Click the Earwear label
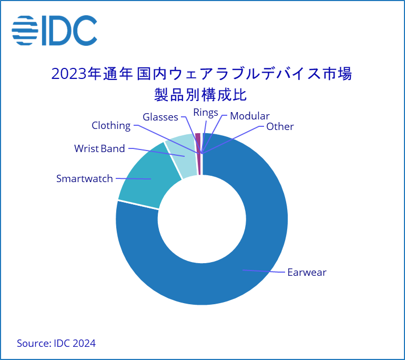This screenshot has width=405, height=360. (x=307, y=273)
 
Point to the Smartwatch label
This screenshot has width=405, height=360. (x=84, y=179)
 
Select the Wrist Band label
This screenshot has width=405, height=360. (x=99, y=149)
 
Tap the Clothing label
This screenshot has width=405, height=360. (x=111, y=126)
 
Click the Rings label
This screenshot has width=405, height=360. (x=206, y=113)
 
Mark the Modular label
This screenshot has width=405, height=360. (x=250, y=116)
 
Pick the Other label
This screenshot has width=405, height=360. (x=280, y=127)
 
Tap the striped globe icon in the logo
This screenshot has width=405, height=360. (x=24, y=31)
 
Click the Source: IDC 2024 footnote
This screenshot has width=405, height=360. (x=56, y=344)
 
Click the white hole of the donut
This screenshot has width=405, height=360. (x=202, y=218)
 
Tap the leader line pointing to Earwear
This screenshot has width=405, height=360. (x=263, y=272)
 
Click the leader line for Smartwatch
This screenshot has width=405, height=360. (x=133, y=179)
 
